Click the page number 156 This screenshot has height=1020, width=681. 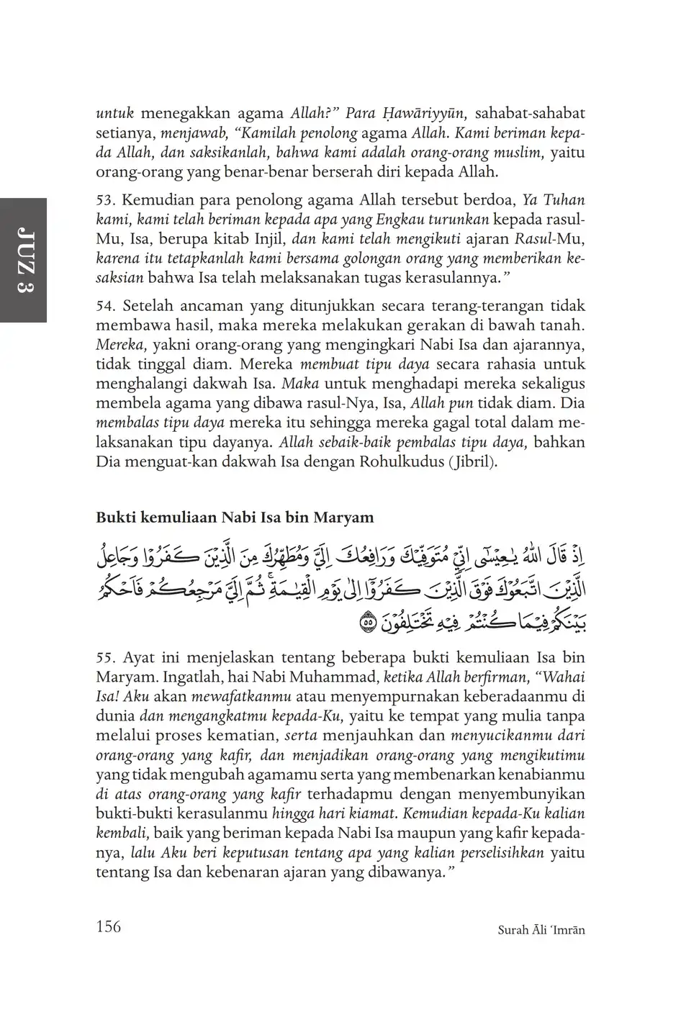pyautogui.click(x=109, y=926)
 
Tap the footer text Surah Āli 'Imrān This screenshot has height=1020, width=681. pyautogui.click(x=541, y=930)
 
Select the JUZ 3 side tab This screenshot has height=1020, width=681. pyautogui.click(x=23, y=260)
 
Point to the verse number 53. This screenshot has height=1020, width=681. pyautogui.click(x=106, y=200)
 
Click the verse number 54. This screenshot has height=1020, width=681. pyautogui.click(x=106, y=306)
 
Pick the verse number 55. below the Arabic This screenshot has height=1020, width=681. pyautogui.click(x=106, y=658)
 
